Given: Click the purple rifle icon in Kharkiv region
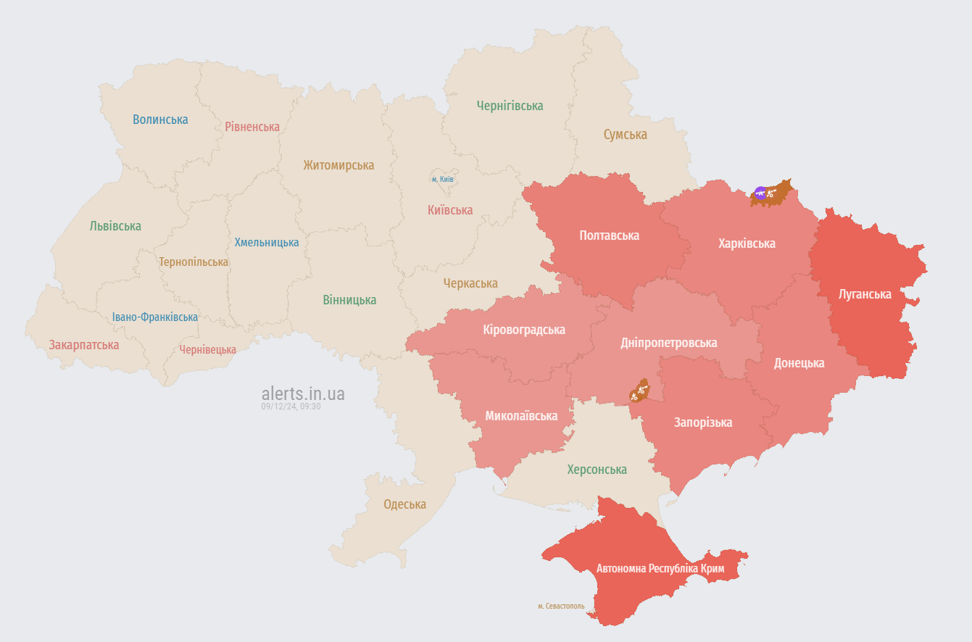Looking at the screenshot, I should point(760,192).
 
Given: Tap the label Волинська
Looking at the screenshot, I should point(160,120).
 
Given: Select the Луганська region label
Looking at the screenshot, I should point(865,294).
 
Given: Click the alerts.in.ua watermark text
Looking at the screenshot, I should point(303,394).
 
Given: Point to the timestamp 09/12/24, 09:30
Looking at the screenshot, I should point(291,407).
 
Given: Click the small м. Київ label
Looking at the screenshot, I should point(442,179).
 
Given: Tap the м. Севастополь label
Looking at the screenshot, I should point(561,606).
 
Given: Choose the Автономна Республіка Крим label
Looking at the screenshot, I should point(660,569).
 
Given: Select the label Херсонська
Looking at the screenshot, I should point(597,470).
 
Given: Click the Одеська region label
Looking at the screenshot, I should point(404,504).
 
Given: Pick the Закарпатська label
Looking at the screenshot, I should point(84,345).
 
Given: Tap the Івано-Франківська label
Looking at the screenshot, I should point(154,317).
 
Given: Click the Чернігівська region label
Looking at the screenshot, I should point(510,106).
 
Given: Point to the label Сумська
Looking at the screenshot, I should point(625,135).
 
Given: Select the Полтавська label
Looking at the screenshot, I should point(609,235).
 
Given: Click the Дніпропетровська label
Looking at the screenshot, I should point(668,343).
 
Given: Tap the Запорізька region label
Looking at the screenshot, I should point(702,422).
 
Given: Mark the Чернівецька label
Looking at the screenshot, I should point(208,350).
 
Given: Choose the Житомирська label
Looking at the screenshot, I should point(338,165).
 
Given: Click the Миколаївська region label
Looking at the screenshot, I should point(521,416).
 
